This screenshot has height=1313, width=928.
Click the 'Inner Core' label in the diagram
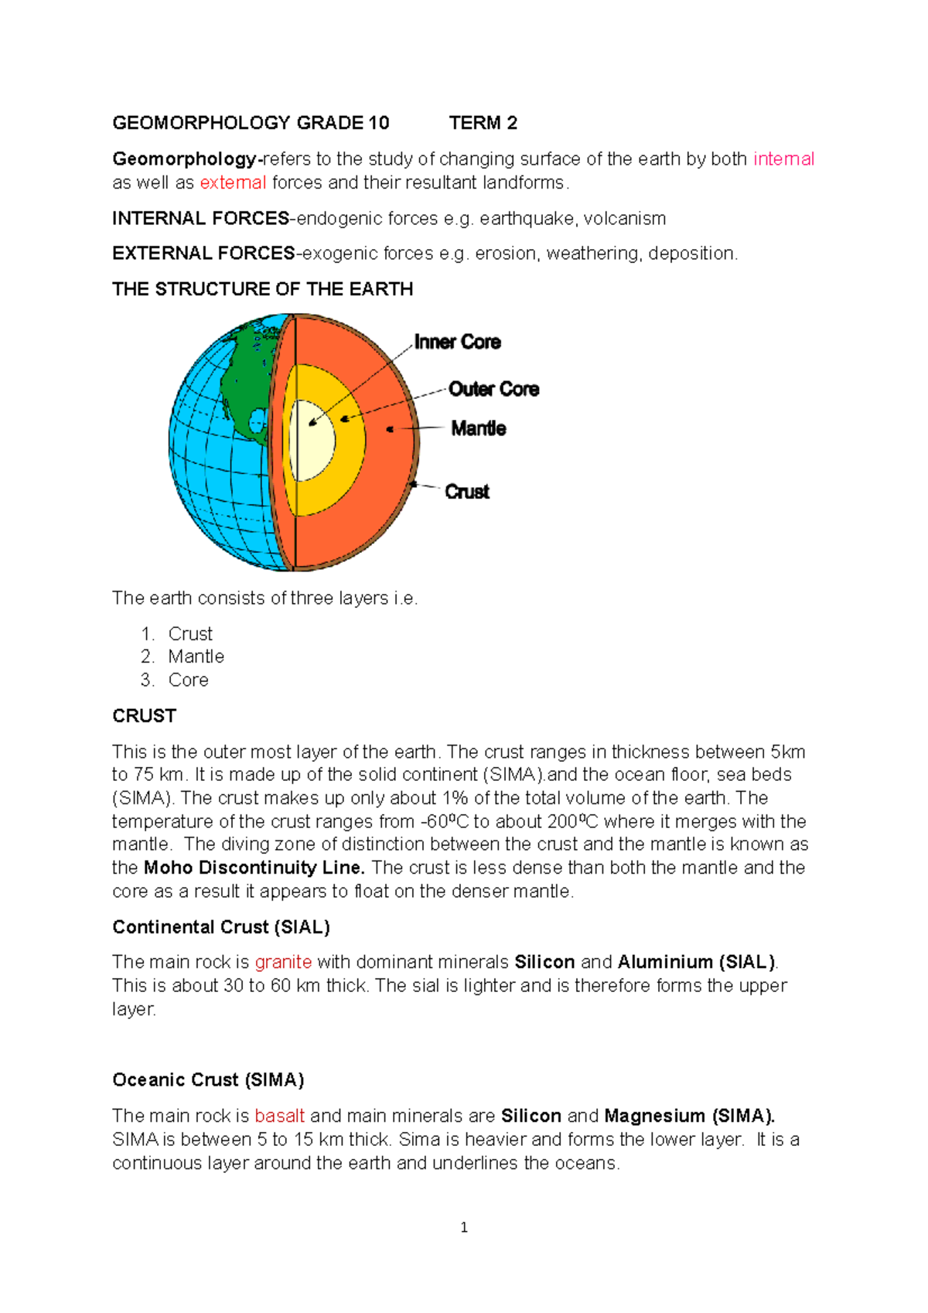pyautogui.click(x=457, y=342)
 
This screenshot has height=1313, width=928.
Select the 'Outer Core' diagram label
pyautogui.click(x=493, y=389)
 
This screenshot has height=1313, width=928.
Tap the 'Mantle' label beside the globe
pyautogui.click(x=479, y=428)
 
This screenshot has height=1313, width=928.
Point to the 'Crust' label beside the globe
pyautogui.click(x=467, y=492)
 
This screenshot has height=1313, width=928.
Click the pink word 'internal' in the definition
pyautogui.click(x=783, y=159)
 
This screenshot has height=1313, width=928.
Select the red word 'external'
pyautogui.click(x=233, y=182)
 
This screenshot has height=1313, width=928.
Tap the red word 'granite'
pyautogui.click(x=283, y=962)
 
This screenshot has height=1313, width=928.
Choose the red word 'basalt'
pyautogui.click(x=279, y=1116)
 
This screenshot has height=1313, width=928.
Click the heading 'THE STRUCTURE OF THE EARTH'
pyautogui.click(x=262, y=289)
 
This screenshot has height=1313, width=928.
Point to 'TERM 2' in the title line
pyautogui.click(x=483, y=123)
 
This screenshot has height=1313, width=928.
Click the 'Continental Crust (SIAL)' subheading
pyautogui.click(x=221, y=927)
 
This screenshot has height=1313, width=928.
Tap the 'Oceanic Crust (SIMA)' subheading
pyautogui.click(x=208, y=1080)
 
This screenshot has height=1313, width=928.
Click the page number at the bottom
pyautogui.click(x=464, y=1228)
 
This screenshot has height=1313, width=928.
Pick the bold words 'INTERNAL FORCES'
pyautogui.click(x=200, y=219)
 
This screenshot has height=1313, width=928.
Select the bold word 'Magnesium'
pyautogui.click(x=654, y=1116)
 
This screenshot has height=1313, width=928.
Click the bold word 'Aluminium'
pyautogui.click(x=665, y=962)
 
